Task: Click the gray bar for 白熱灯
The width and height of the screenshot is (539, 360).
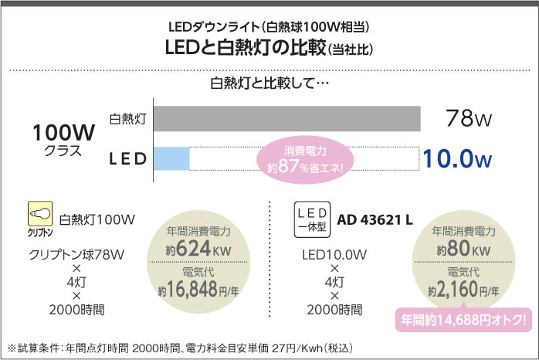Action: point(287,117)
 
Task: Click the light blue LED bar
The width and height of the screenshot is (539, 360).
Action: point(171,158)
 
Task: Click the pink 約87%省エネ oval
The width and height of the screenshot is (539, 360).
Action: point(305,159)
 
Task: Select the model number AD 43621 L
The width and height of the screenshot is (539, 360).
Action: point(375,219)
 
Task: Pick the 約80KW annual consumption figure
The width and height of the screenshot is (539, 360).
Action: point(463,250)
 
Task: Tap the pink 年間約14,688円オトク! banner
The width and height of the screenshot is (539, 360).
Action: point(463,318)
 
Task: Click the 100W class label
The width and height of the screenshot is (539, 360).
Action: point(63,133)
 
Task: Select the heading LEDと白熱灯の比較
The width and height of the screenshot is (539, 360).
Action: point(255,49)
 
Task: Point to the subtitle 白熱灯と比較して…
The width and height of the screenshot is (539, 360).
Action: point(269,83)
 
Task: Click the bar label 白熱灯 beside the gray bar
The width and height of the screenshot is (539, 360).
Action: point(128,119)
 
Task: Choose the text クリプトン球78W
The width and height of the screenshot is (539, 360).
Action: point(77,254)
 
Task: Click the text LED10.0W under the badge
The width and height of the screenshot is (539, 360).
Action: point(334,254)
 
